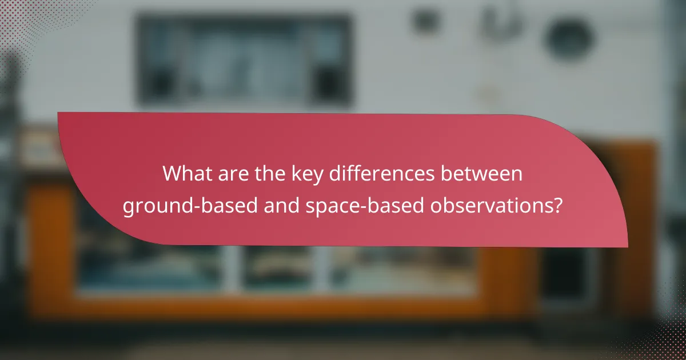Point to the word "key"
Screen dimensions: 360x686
[304, 175]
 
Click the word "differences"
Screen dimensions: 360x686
[381, 174]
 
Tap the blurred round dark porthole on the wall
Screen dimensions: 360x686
[569, 39]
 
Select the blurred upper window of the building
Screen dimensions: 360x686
[243, 60]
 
